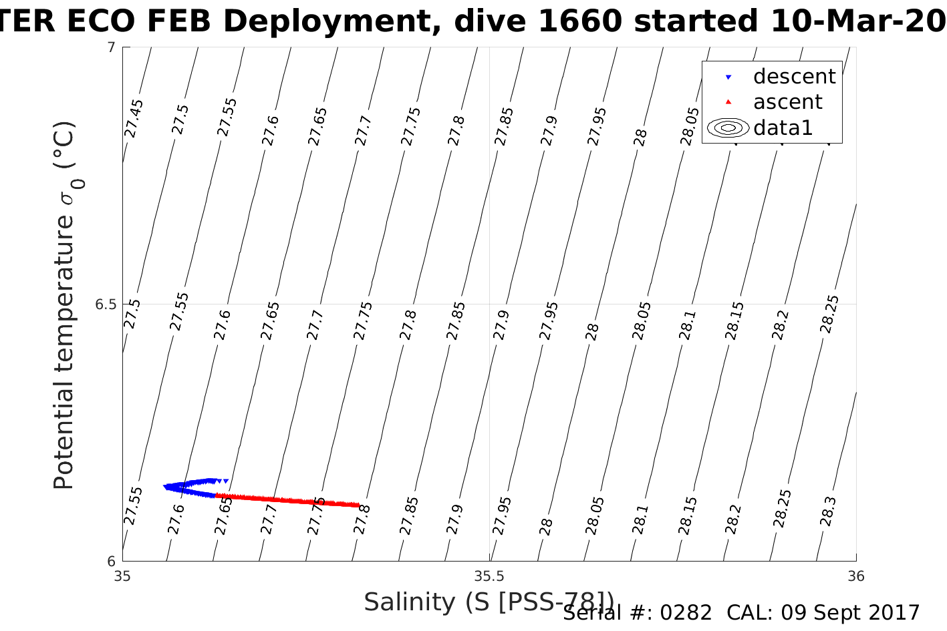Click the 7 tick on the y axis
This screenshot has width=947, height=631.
pos(111,48)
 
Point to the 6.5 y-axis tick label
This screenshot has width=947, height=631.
pos(105,304)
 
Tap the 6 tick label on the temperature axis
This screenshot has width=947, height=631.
pos(111,562)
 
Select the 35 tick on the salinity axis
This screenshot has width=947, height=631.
pos(122,576)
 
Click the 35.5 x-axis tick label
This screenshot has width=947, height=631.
pos(489,576)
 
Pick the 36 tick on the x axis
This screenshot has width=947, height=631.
pos(855,576)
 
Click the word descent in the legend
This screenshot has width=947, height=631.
pos(794,77)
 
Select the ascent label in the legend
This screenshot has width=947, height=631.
pos(787,102)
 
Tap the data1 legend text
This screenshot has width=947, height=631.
pos(783,128)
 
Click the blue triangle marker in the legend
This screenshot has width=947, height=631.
pos(728,77)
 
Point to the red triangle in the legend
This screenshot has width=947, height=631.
pos(728,102)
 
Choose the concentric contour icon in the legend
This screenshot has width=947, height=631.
pos(728,128)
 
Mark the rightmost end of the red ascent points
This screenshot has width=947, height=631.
pos(358,505)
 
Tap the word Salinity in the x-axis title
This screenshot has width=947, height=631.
pos(409,602)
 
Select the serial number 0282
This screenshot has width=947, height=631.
pos(686,613)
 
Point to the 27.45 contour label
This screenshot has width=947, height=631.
pos(134,118)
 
